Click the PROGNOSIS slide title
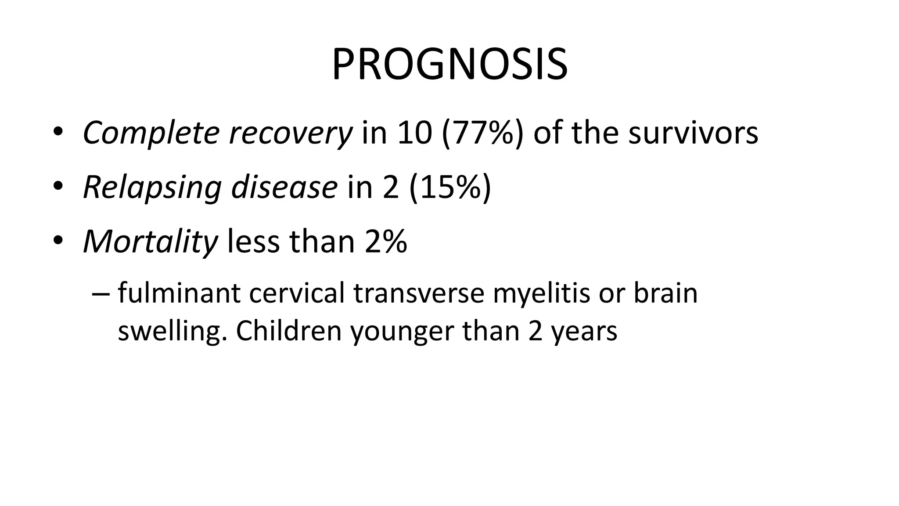click(449, 65)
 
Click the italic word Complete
click(151, 133)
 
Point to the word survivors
click(693, 133)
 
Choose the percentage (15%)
click(450, 188)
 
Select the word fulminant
click(179, 293)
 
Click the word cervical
click(297, 293)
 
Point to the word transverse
click(418, 293)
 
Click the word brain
click(665, 293)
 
